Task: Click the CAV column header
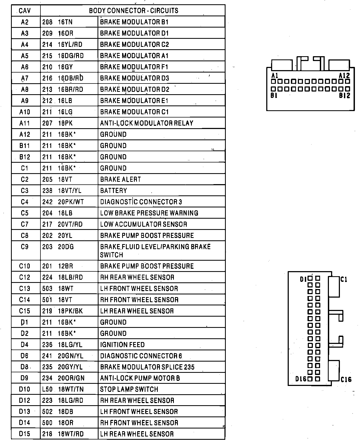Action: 25,11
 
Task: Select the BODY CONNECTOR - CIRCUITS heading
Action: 133,11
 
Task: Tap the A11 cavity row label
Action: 25,123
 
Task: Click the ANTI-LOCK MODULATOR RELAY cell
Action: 147,123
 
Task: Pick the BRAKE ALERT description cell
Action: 120,179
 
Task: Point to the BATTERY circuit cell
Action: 113,191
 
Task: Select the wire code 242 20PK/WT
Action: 63,202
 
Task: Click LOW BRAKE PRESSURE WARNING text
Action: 149,213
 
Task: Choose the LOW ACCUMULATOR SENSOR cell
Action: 143,224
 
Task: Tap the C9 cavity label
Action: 25,247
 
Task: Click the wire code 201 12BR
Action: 57,266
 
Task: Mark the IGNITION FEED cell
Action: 122,345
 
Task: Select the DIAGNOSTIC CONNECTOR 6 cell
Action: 141,356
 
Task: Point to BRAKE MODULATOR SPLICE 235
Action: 147,367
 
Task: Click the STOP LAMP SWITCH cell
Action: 129,389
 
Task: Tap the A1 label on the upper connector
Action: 275,75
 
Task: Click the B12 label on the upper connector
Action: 344,96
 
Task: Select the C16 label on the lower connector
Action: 346,380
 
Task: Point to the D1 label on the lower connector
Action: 303,279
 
